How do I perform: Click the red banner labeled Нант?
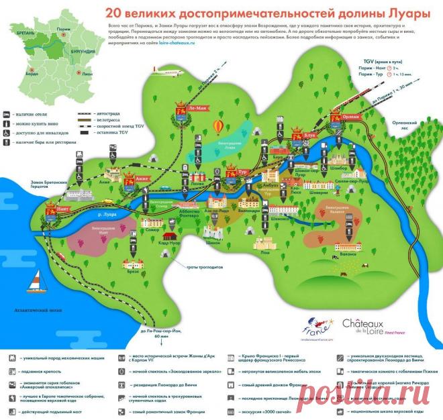[x=49, y=213]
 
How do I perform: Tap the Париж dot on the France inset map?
[x=64, y=30]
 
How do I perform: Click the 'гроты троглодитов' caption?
[x=205, y=268]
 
